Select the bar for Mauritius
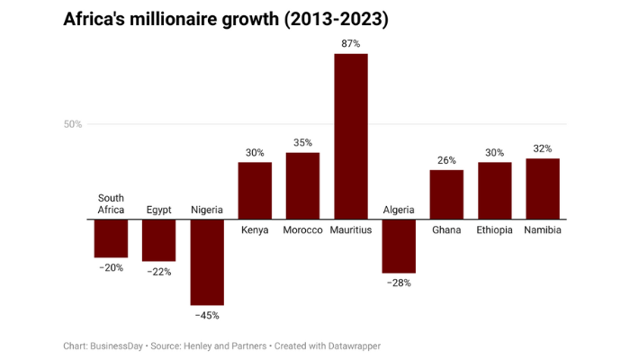coord(350,136)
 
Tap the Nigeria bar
coord(207,262)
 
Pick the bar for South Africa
coord(111,238)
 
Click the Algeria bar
coord(399,246)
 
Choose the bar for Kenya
coord(255,190)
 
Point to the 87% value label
coord(350,43)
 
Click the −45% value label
coord(207,315)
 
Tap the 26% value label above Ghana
coord(446,160)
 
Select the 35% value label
coord(302,142)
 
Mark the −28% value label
coord(399,283)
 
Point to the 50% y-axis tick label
coord(73,124)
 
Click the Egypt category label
coord(158,210)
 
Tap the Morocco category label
coord(302,230)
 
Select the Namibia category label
coord(543,230)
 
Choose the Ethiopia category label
coord(494,230)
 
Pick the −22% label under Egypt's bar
coord(158,272)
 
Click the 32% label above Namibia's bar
coord(543,148)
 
